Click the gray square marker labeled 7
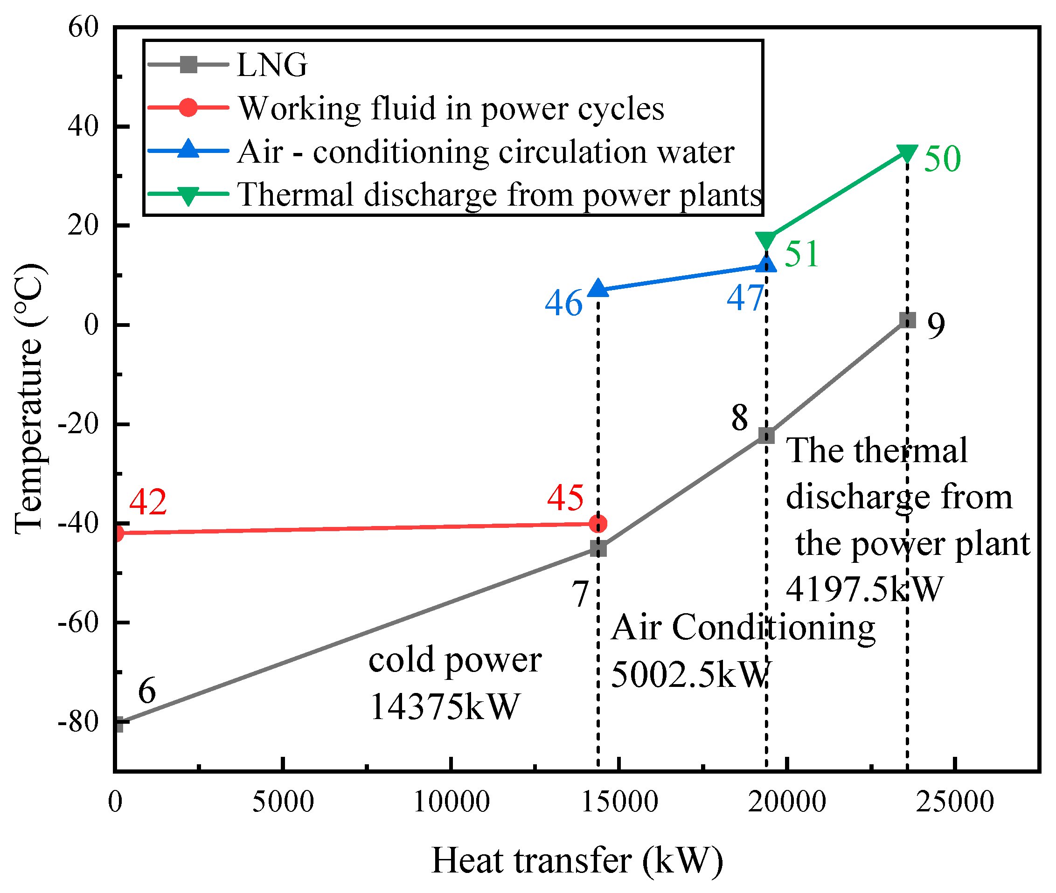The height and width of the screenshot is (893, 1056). (x=598, y=549)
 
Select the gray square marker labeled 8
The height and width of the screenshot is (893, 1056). (x=766, y=436)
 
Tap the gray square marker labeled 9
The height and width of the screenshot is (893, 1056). (x=907, y=320)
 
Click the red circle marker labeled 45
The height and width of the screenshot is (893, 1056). (x=598, y=524)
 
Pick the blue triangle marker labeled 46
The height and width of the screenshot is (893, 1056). (x=598, y=288)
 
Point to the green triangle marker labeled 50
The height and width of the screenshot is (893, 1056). (x=907, y=153)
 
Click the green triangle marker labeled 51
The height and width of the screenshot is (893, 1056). (x=766, y=241)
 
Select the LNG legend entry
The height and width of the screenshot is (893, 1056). (x=272, y=65)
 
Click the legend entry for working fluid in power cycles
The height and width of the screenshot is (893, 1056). (x=451, y=108)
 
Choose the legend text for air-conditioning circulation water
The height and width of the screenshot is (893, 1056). (x=485, y=152)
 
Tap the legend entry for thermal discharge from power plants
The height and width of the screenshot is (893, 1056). (x=499, y=194)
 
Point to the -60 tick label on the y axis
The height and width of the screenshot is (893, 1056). (x=78, y=622)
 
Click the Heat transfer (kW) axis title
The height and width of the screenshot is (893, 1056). (x=577, y=861)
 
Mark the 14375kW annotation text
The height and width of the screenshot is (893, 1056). (x=444, y=706)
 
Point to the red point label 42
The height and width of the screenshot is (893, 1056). (x=148, y=502)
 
